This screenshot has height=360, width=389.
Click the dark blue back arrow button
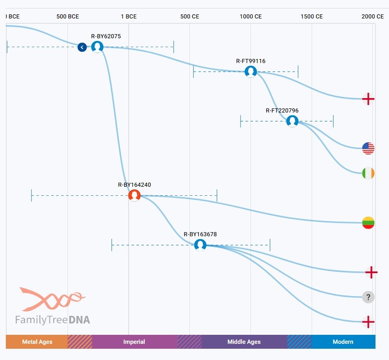coord(82,47)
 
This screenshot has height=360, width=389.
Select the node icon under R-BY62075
coord(97,46)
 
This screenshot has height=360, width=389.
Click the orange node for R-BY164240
coord(134,195)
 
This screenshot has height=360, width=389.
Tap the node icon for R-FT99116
coord(250,71)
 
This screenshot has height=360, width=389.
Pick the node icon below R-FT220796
coord(292,121)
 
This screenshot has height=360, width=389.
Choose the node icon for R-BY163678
coord(200,245)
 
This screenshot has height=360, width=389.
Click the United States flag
coord(368,148)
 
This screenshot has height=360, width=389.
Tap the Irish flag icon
coord(368,173)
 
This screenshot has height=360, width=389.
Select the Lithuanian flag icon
coord(368,222)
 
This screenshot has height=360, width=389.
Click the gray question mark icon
coord(368,297)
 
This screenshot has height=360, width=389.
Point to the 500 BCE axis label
coord(67,17)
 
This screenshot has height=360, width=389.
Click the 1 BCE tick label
coord(129,17)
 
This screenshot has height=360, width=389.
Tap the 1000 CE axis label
coord(250,17)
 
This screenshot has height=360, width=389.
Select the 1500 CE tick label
coord(312,17)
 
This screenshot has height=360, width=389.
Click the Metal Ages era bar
coord(37,342)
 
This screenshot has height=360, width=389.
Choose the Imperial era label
coord(134,342)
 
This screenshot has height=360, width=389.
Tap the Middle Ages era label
coord(244,342)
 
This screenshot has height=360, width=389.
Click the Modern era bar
coord(343,342)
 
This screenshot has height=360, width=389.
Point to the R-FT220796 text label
coord(282,110)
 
